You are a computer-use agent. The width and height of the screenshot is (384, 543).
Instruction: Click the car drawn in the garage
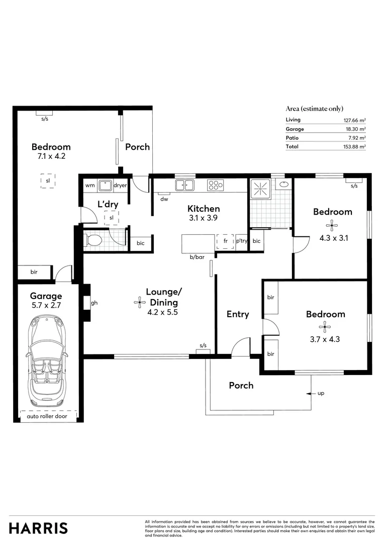click(x=48, y=361)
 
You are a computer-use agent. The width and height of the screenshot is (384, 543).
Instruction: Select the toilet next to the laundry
click(x=94, y=240)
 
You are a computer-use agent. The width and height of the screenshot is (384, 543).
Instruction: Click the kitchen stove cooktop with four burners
click(x=216, y=185)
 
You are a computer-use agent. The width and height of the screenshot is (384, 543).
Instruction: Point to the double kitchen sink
click(x=184, y=186)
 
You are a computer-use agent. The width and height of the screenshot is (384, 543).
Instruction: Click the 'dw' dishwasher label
click(x=164, y=199)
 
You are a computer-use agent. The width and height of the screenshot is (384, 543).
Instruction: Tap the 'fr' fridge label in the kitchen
click(x=226, y=241)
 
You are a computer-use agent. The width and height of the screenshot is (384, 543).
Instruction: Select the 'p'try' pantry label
click(x=242, y=241)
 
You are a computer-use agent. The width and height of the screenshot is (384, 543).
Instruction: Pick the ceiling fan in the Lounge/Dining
click(x=139, y=302)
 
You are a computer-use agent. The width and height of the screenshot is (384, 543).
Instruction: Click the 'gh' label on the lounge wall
click(x=94, y=303)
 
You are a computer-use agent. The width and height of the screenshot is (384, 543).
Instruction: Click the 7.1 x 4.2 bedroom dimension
click(x=51, y=156)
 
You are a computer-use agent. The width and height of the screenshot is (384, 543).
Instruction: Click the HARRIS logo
click(x=38, y=528)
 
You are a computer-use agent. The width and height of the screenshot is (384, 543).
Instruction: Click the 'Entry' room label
click(x=238, y=314)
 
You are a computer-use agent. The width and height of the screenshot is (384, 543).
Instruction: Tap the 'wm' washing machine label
click(x=89, y=186)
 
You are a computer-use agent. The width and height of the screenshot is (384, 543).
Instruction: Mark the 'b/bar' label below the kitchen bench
click(x=197, y=257)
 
